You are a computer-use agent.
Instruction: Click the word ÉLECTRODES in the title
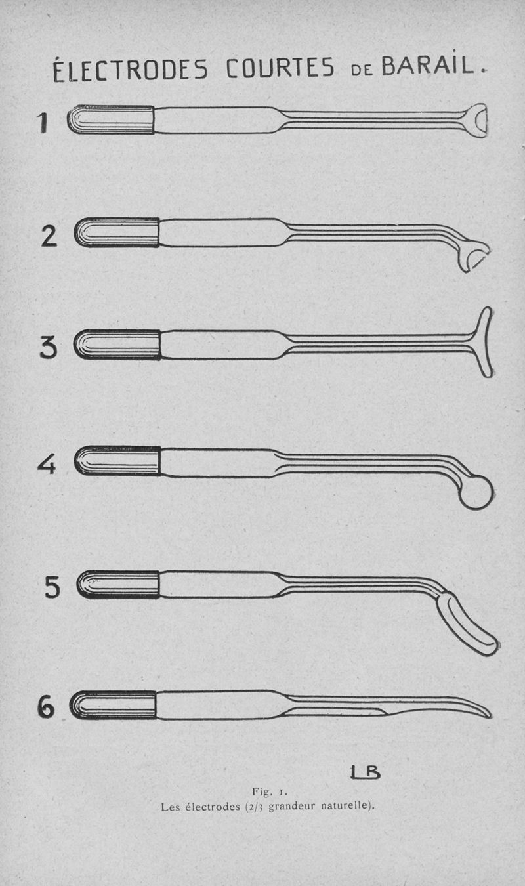coord(130,70)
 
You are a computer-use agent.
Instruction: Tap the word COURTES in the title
coord(280,68)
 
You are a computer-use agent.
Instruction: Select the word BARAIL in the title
coord(427,65)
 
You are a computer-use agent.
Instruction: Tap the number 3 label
coord(49,348)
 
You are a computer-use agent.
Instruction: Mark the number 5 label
coord(52,587)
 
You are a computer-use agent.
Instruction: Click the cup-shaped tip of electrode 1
coord(476,120)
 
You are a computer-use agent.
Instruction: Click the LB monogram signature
coord(365,772)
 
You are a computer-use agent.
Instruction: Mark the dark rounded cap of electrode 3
coord(117,345)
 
